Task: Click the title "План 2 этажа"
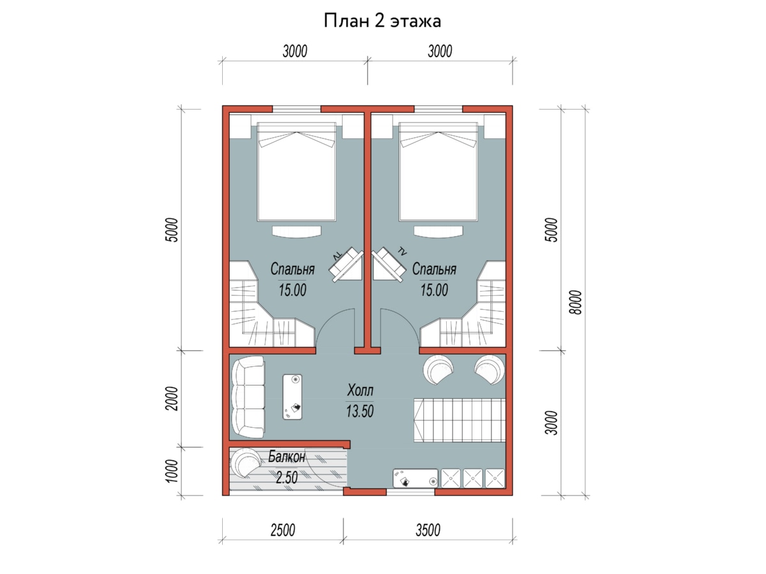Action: coord(382,21)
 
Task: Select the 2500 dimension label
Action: coord(283,530)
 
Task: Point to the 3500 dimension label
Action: coord(428,530)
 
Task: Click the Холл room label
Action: coord(360,390)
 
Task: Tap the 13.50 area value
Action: coord(360,411)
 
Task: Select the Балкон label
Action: coord(287,457)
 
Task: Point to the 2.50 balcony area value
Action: coord(287,478)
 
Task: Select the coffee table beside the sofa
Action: coord(292,397)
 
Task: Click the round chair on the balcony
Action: coord(246,462)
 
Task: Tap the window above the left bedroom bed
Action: coord(296,109)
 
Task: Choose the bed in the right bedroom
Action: coord(439,172)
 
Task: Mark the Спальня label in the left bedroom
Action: coord(292,269)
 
